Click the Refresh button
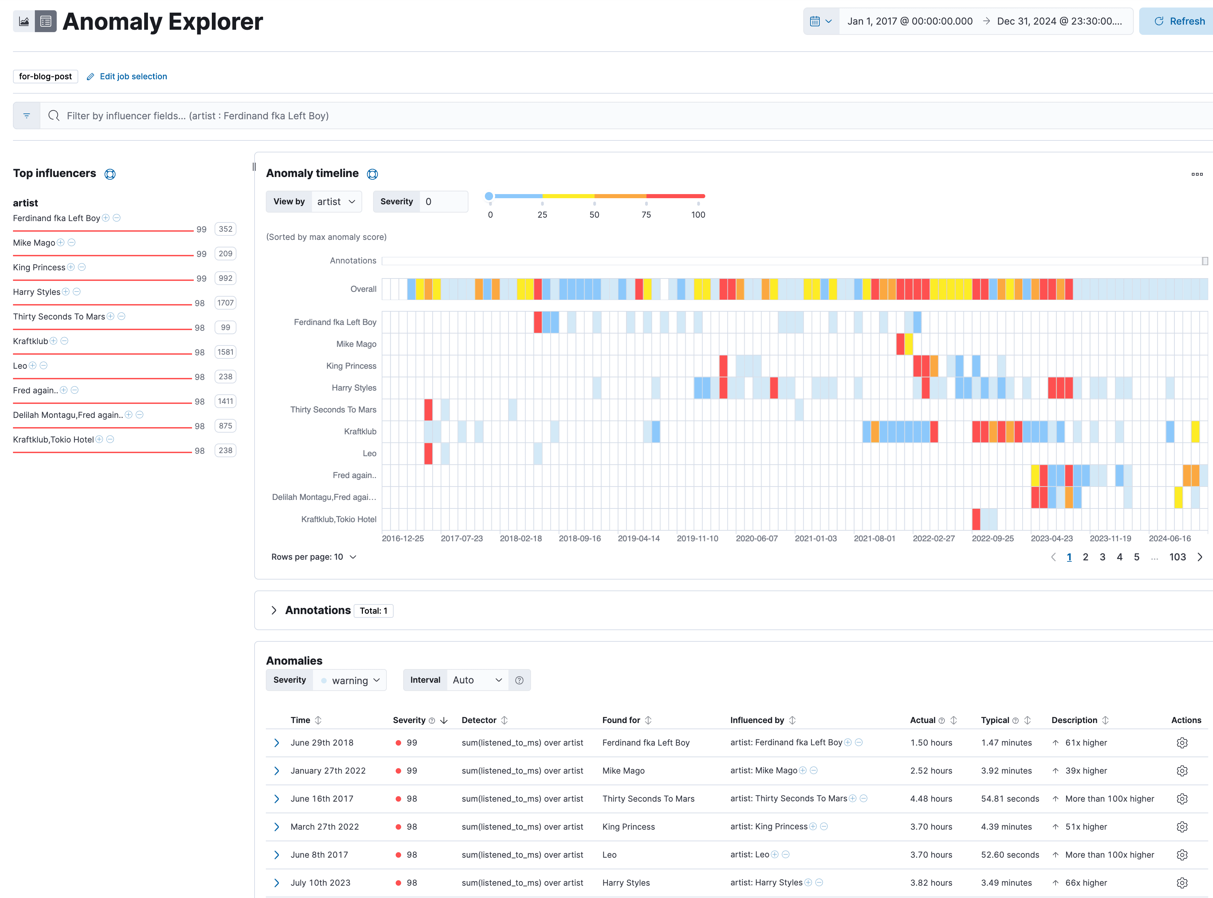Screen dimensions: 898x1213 tap(1179, 21)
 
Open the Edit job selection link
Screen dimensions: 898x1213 tap(133, 77)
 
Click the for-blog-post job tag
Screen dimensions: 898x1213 tap(45, 77)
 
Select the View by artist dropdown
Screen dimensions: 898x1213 tap(337, 202)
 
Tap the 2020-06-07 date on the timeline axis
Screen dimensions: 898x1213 tap(757, 539)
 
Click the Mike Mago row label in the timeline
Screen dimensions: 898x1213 tap(356, 344)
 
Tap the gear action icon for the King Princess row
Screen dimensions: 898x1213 tap(1182, 827)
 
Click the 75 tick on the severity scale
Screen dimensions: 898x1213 tap(646, 215)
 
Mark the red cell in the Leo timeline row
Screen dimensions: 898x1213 tap(428, 454)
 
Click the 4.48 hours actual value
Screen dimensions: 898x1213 tap(931, 799)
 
